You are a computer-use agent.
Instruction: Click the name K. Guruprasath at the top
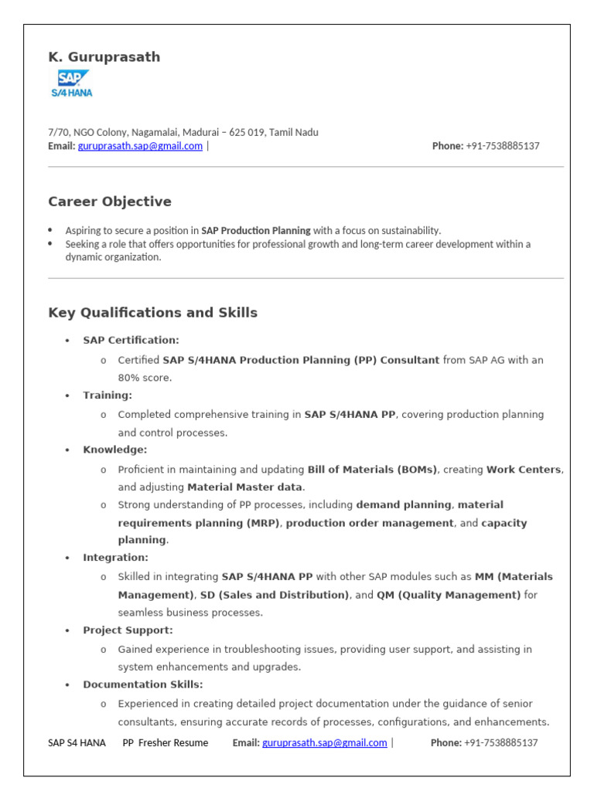coord(104,57)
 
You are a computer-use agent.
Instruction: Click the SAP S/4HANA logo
coord(72,83)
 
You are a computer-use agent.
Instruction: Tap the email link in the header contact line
coord(140,146)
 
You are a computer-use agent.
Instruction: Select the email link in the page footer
coord(324,743)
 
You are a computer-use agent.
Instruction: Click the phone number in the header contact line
coord(502,146)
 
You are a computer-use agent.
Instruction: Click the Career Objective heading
coord(110,202)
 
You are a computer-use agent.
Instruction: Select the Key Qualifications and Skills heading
coord(152,313)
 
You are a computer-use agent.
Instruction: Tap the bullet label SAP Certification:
coord(131,341)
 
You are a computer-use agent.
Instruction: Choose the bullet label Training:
coord(108,395)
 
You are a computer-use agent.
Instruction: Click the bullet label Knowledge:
coord(114,450)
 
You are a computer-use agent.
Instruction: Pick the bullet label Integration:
coord(115,558)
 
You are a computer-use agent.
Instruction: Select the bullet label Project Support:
coord(128,630)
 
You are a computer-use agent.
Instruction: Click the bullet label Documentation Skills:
coord(143,685)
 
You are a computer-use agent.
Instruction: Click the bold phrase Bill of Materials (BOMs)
coord(372,469)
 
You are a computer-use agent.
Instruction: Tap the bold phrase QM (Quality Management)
coord(449,595)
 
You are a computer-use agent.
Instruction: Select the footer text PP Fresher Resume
coord(166,743)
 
